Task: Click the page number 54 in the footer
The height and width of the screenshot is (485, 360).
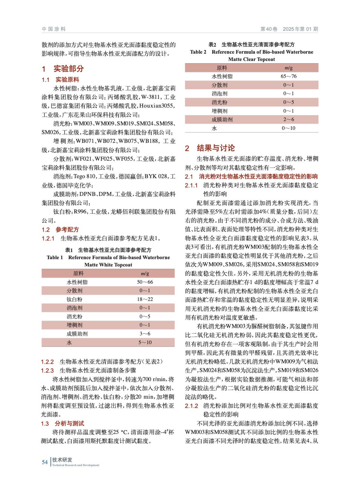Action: [45, 462]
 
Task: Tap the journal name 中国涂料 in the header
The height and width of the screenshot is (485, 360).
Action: [54, 29]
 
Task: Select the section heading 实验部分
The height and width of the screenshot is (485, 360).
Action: [69, 69]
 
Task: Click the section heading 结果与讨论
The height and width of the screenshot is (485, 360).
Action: [216, 148]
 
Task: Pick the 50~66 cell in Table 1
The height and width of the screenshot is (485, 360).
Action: [145, 282]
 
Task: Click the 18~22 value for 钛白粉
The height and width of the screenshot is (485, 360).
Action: [145, 299]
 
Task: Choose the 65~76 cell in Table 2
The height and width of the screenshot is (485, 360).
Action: [288, 76]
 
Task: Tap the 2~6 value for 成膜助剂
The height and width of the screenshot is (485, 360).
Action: [288, 119]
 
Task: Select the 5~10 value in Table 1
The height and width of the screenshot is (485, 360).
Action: [145, 342]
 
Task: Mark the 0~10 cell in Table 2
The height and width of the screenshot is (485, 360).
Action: [288, 128]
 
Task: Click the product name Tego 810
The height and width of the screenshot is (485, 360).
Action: [84, 176]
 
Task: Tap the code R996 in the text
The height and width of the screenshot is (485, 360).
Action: [80, 212]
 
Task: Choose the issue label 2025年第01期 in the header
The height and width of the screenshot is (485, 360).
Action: [300, 29]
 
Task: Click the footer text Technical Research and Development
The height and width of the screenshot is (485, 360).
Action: [76, 465]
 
